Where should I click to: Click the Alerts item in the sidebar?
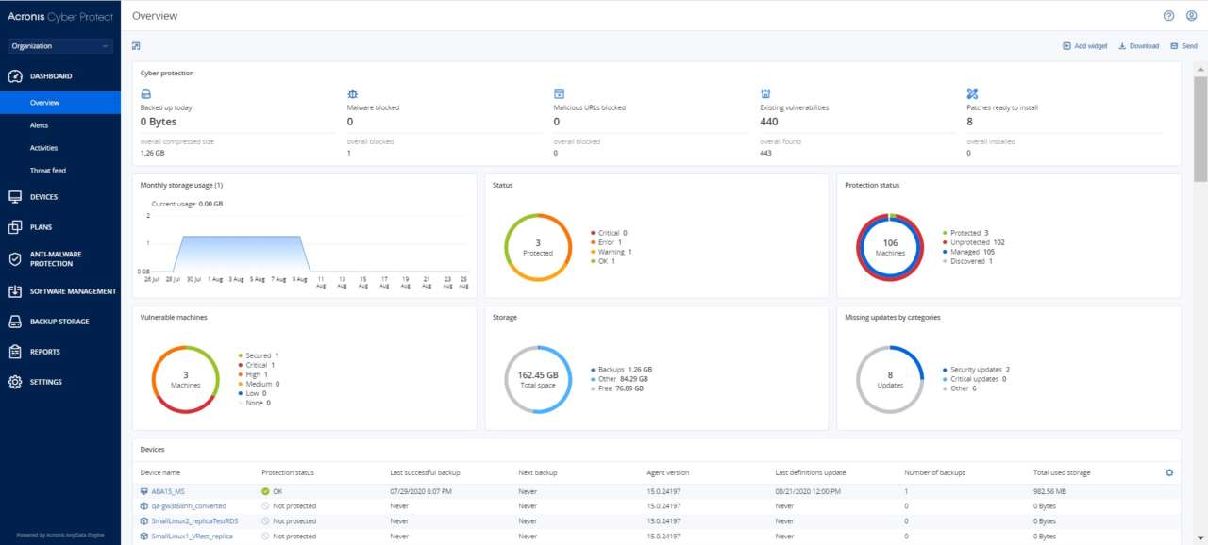(39, 125)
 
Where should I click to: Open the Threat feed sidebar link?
(47, 171)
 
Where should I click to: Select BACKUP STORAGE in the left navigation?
(59, 322)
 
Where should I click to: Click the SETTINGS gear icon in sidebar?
(15, 382)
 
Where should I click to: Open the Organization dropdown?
(59, 46)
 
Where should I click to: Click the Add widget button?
(1084, 46)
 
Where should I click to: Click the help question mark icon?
(1168, 16)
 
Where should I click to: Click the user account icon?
(1191, 16)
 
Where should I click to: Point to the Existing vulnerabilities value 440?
(769, 122)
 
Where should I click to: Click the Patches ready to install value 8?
(969, 122)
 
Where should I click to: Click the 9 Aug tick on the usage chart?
(298, 279)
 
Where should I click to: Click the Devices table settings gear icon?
(1169, 472)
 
